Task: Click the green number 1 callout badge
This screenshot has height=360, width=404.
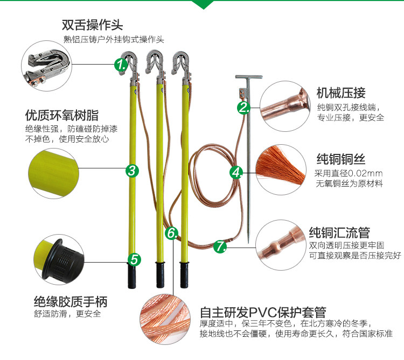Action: [x=121, y=66]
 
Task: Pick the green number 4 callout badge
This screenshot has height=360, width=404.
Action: [x=236, y=172]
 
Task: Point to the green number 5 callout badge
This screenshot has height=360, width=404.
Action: [x=134, y=259]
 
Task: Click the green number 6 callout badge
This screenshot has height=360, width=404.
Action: [x=171, y=233]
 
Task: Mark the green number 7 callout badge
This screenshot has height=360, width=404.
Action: [x=220, y=246]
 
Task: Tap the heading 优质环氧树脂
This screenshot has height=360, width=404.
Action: [x=62, y=115]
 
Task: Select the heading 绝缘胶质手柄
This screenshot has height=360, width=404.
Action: [x=70, y=301]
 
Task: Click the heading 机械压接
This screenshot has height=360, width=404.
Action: [x=341, y=92]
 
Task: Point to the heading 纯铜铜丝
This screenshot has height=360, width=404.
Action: [x=341, y=159]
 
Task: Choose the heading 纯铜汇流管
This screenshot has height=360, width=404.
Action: [x=339, y=232]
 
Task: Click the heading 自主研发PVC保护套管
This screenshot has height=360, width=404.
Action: [x=263, y=312]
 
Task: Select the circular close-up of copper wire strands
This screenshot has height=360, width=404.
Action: [x=280, y=167]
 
